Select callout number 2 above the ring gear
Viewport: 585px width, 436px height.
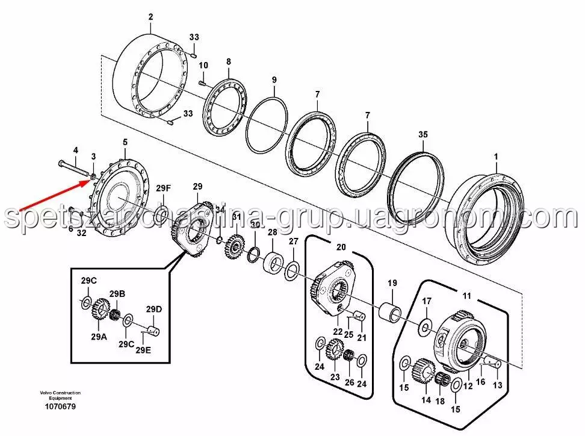150,17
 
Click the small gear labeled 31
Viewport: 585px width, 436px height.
237,246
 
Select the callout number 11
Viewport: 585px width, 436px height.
466,296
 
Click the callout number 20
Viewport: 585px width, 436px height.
341,247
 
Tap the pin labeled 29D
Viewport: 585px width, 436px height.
153,328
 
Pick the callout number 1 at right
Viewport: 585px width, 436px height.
497,157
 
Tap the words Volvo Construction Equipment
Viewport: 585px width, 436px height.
60,395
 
